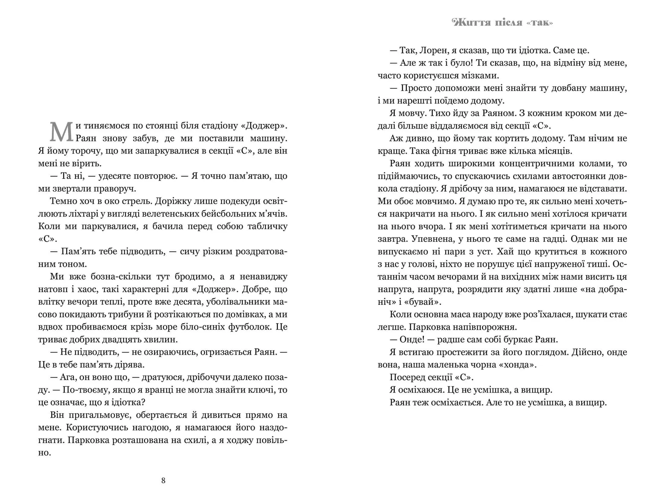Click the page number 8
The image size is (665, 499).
[x=163, y=480]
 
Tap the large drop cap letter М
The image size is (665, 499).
[x=61, y=132]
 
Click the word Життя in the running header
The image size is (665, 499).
[x=471, y=23]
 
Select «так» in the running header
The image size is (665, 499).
[x=540, y=23]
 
